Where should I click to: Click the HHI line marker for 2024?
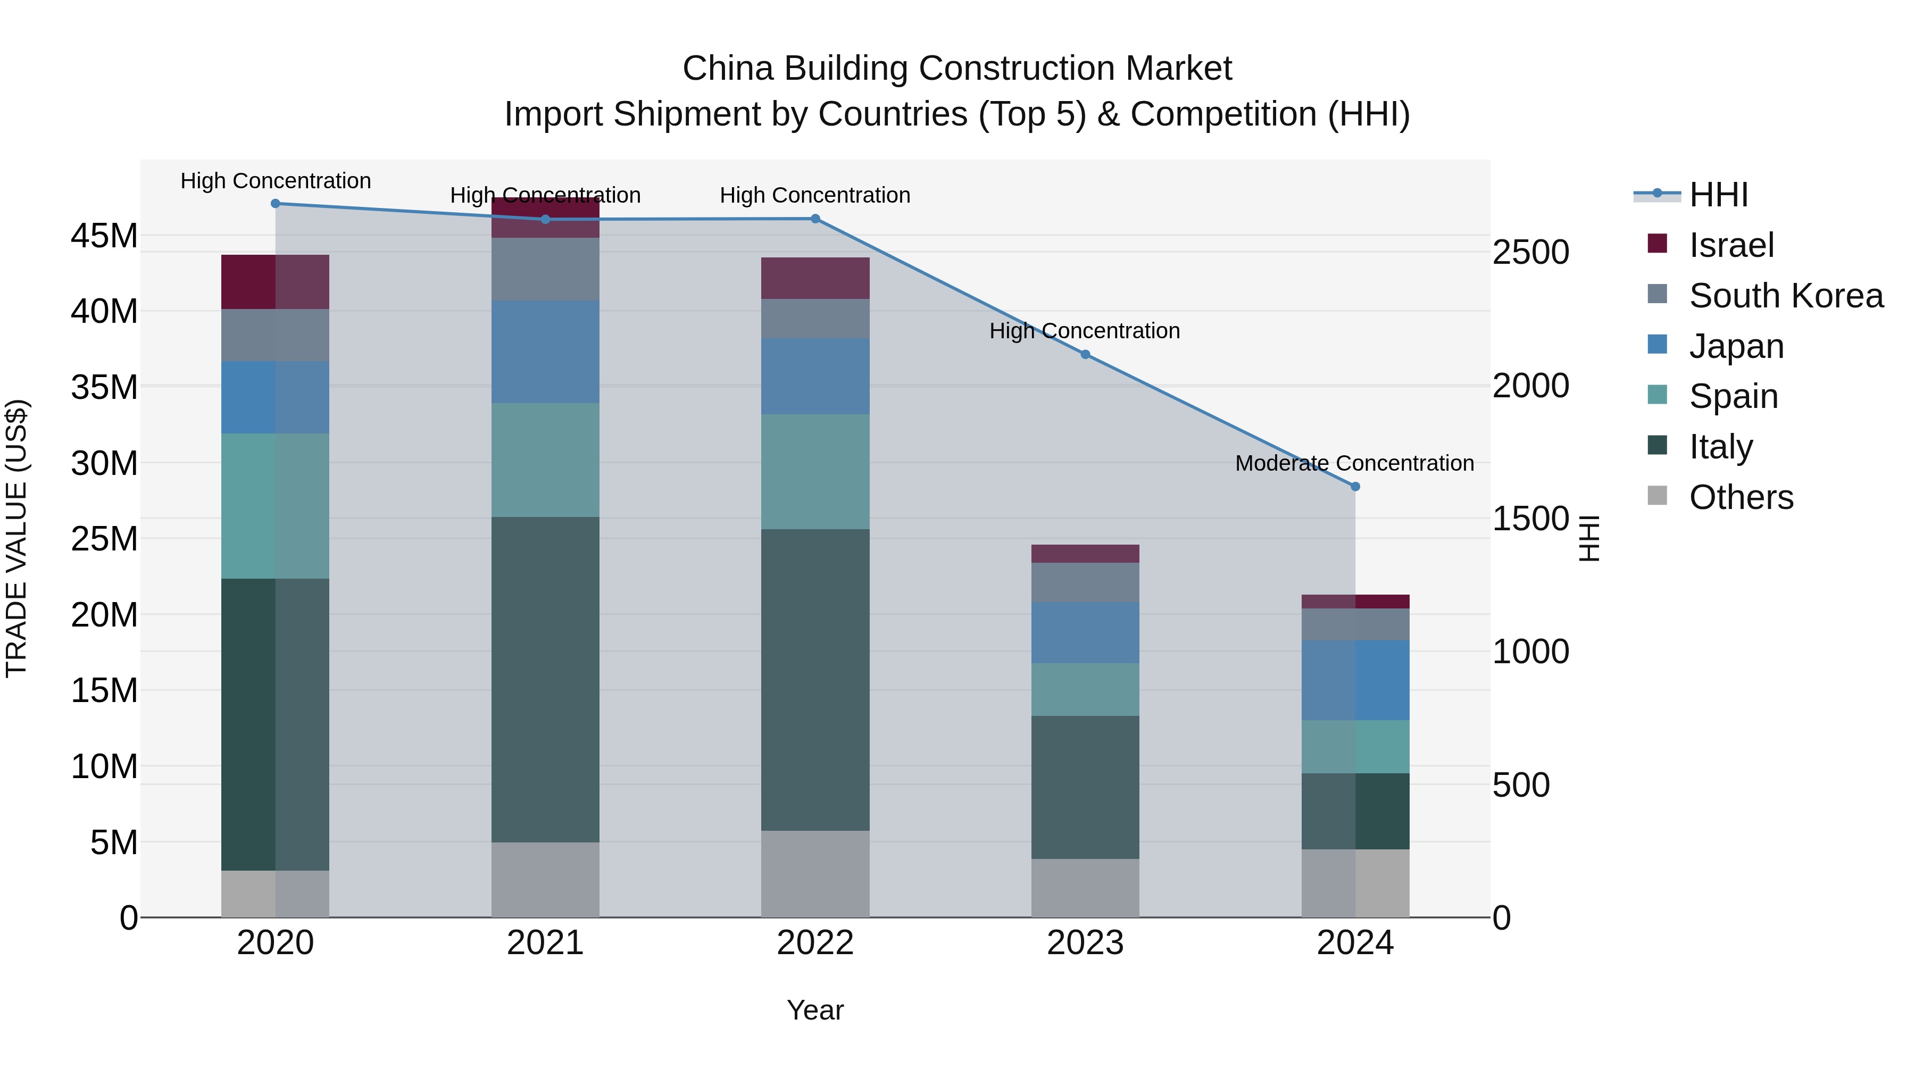pyautogui.click(x=1354, y=487)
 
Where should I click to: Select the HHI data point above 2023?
pyautogui.click(x=1085, y=355)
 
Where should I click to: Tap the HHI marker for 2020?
pyautogui.click(x=275, y=204)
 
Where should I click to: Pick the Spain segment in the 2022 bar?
pyautogui.click(x=815, y=471)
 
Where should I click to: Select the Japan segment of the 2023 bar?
pyautogui.click(x=1085, y=632)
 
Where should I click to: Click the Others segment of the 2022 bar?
pyautogui.click(x=815, y=874)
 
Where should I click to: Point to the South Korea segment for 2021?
pyautogui.click(x=545, y=269)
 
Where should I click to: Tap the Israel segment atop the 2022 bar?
pyautogui.click(x=815, y=278)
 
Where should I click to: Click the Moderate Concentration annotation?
pyautogui.click(x=1354, y=464)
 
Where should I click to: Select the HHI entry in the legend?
pyautogui.click(x=1718, y=195)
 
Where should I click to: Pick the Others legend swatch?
pyautogui.click(x=1657, y=496)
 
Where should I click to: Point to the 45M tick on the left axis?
pyautogui.click(x=104, y=236)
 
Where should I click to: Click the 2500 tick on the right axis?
pyautogui.click(x=1530, y=253)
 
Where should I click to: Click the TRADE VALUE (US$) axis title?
pyautogui.click(x=16, y=538)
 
